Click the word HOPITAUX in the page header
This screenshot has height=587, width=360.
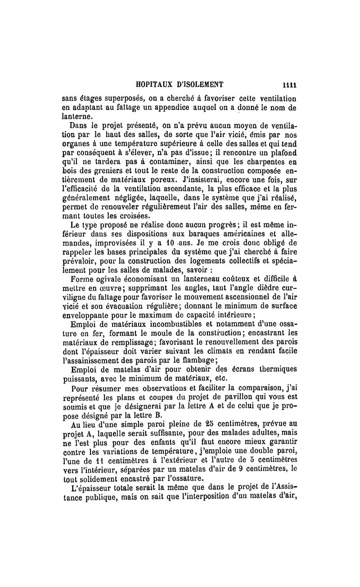click(x=156, y=84)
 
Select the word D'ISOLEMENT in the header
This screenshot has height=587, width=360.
click(x=202, y=84)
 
